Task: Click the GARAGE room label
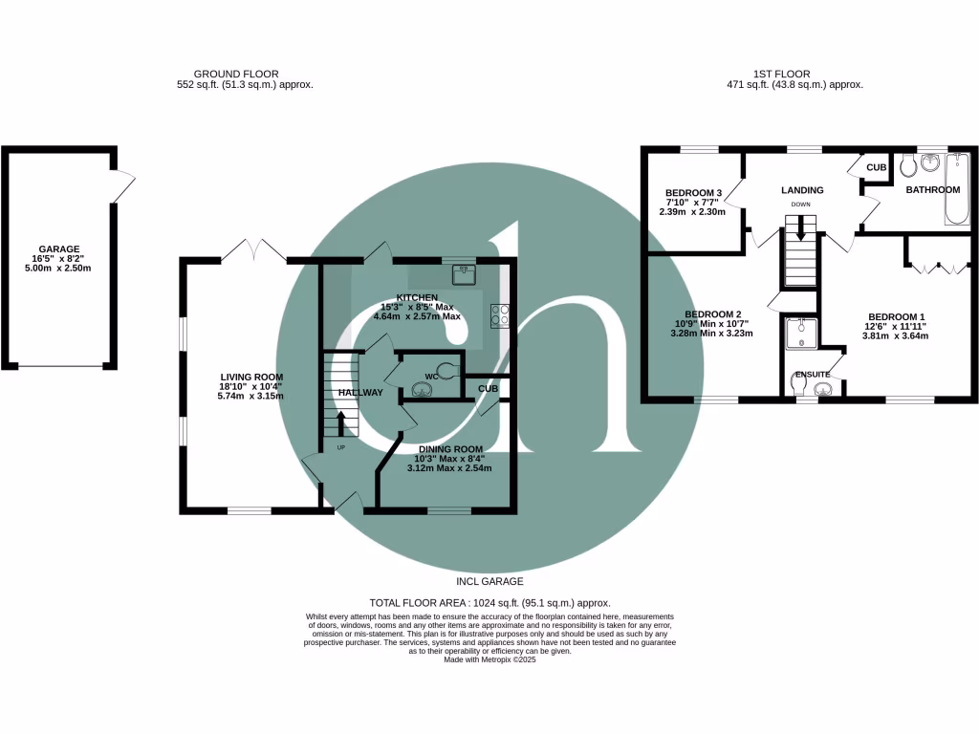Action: point(59,248)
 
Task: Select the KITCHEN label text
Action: point(417,297)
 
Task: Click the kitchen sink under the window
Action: point(466,270)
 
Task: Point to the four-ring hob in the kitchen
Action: point(500,314)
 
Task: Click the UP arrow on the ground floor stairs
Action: point(341,421)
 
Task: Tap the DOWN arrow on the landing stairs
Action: point(801,228)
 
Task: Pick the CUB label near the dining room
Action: point(488,389)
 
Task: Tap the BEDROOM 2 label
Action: point(712,314)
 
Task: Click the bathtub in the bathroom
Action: point(955,188)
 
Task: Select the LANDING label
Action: point(801,190)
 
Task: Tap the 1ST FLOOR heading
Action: point(781,74)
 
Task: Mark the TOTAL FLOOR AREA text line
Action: point(489,602)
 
